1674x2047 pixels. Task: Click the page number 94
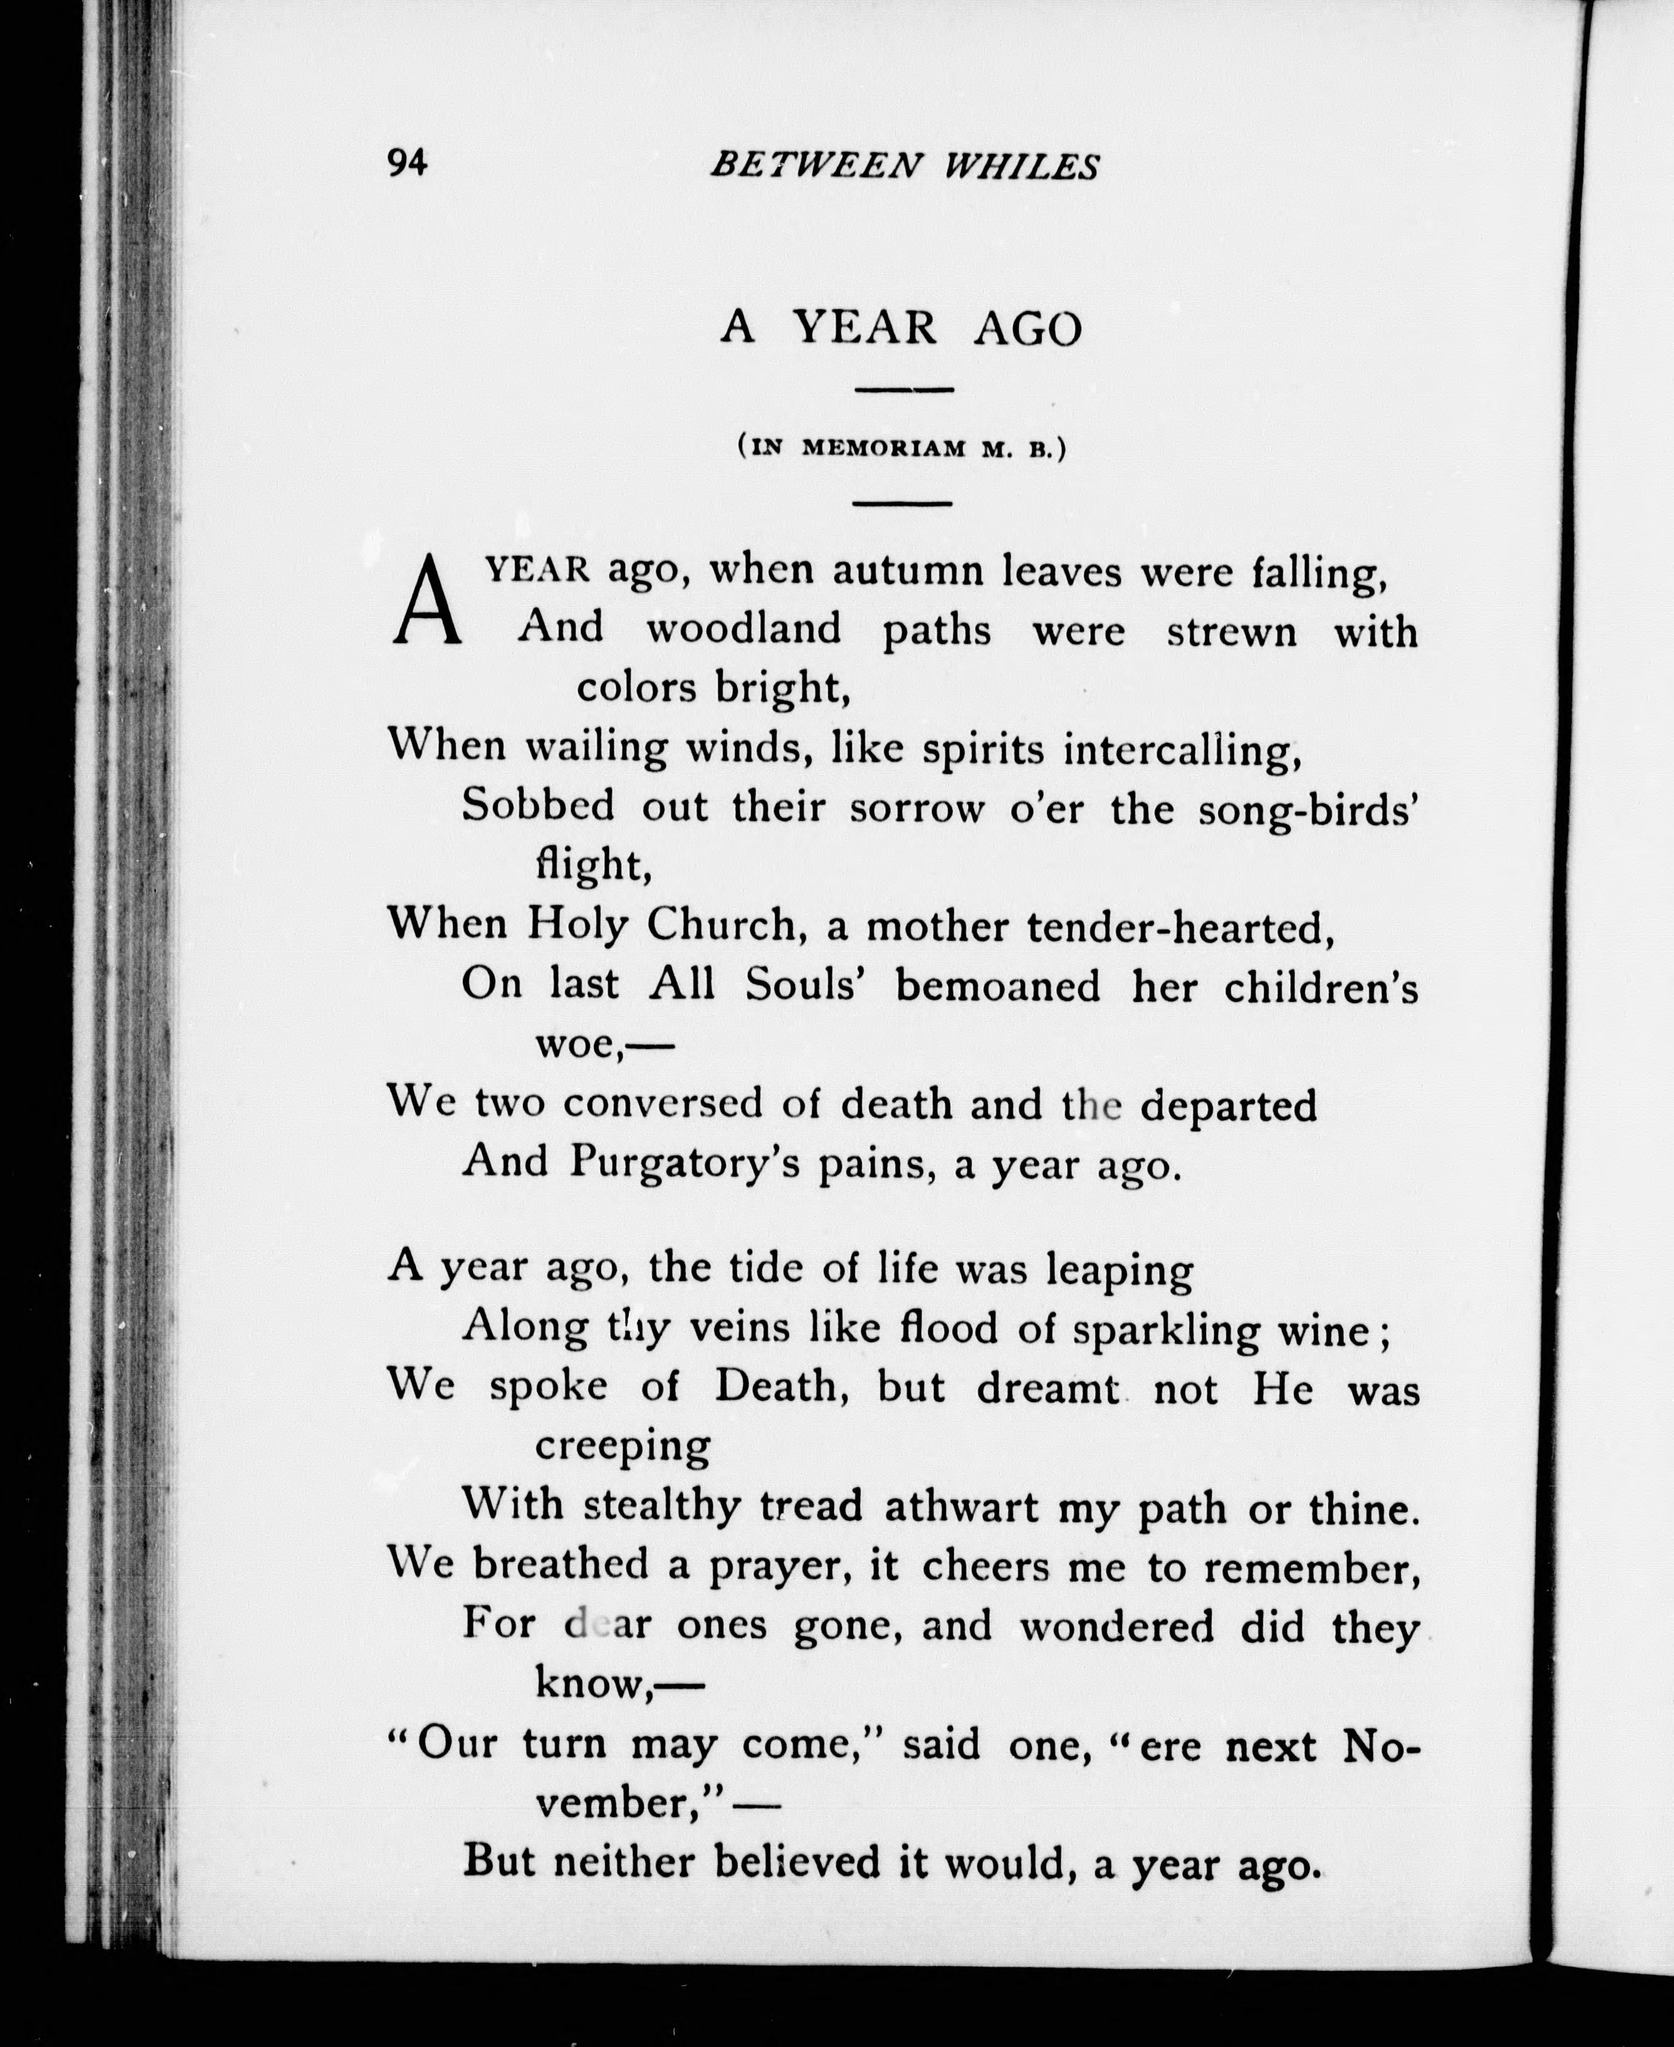[407, 164]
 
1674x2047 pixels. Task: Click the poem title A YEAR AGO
[902, 328]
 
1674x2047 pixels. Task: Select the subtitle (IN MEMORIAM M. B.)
[902, 448]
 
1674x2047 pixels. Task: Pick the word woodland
[744, 630]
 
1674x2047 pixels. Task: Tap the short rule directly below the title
[904, 390]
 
